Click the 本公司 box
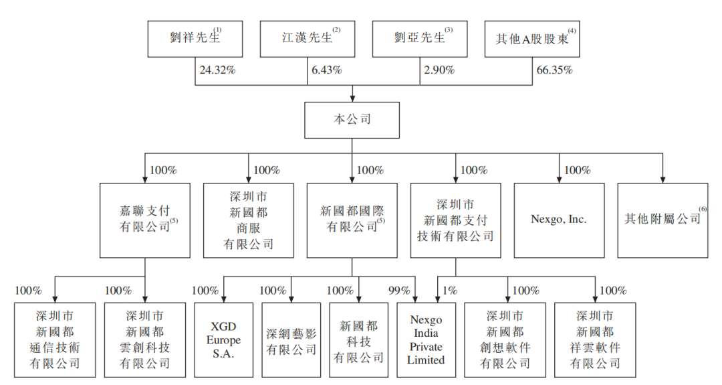click(352, 121)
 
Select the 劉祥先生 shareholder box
click(195, 37)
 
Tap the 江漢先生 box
click(307, 37)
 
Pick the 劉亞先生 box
click(419, 37)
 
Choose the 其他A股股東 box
click(531, 37)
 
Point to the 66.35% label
click(554, 70)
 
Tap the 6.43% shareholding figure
click(327, 70)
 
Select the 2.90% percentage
click(439, 70)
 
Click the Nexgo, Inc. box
click(559, 220)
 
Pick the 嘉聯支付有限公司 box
click(145, 220)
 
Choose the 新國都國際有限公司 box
click(352, 220)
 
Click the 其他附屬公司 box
click(663, 220)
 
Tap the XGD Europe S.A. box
click(223, 340)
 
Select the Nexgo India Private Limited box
click(426, 340)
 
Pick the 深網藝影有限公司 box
click(291, 340)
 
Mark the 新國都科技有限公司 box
click(358, 340)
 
